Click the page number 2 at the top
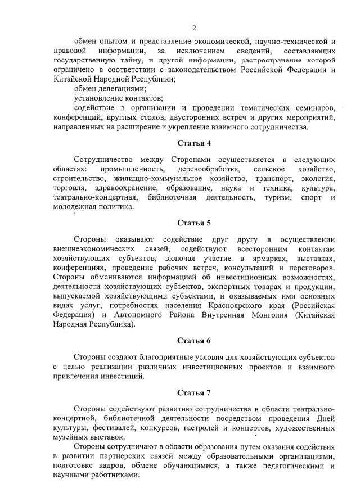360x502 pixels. click(x=194, y=28)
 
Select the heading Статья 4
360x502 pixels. click(x=193, y=143)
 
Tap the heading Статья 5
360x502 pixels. click(x=193, y=222)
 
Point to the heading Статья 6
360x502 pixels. click(x=193, y=341)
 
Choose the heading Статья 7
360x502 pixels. click(x=193, y=392)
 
